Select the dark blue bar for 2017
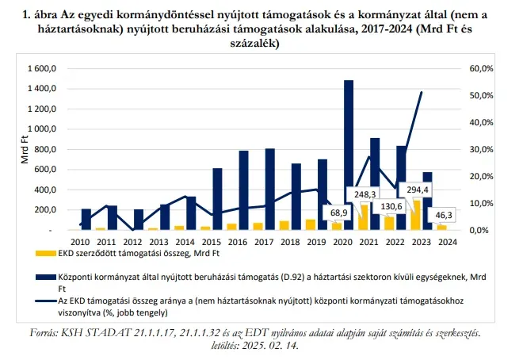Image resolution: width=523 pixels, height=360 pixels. [269, 189]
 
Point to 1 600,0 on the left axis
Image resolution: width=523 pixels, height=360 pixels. [42, 69]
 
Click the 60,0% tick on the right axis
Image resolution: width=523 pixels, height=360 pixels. [481, 69]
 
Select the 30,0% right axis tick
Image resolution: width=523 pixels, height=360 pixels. [481, 150]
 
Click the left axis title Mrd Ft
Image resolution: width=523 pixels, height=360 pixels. [23, 149]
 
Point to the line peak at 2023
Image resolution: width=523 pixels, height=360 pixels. [420, 92]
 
